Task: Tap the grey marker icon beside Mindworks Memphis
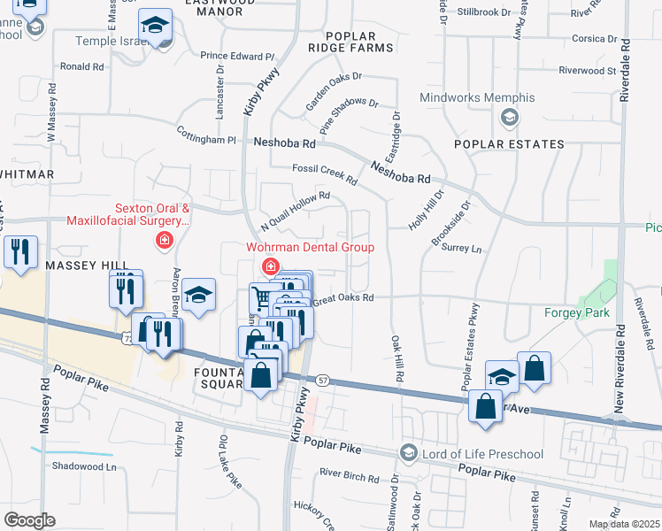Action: click(x=509, y=116)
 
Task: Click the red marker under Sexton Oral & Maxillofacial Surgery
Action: click(x=163, y=240)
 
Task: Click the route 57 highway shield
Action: click(x=323, y=380)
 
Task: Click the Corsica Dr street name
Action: click(x=594, y=39)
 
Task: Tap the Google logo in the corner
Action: click(x=29, y=520)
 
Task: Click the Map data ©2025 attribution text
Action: click(x=624, y=524)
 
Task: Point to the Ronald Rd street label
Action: click(x=82, y=66)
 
